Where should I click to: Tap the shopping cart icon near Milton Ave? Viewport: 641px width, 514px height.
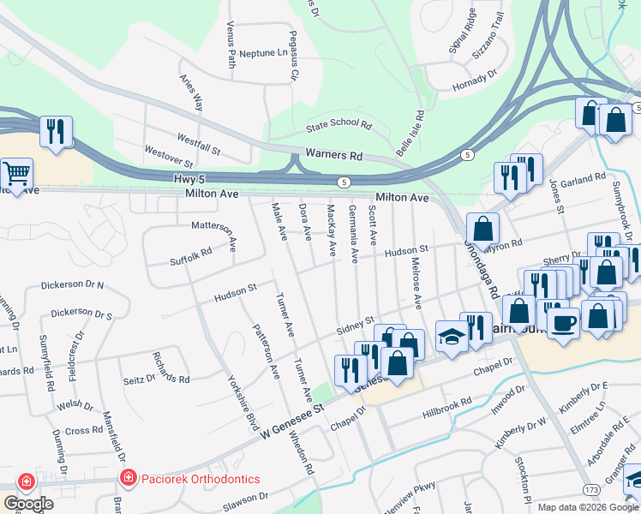17,174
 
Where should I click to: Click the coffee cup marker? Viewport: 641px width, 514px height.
562,322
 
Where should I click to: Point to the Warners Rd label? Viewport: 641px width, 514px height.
333,156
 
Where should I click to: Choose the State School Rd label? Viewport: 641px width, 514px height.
339,127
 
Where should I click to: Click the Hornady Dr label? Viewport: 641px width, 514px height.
475,80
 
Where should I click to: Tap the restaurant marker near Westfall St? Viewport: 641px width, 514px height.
56,131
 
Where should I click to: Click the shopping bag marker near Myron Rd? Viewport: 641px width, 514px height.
483,229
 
